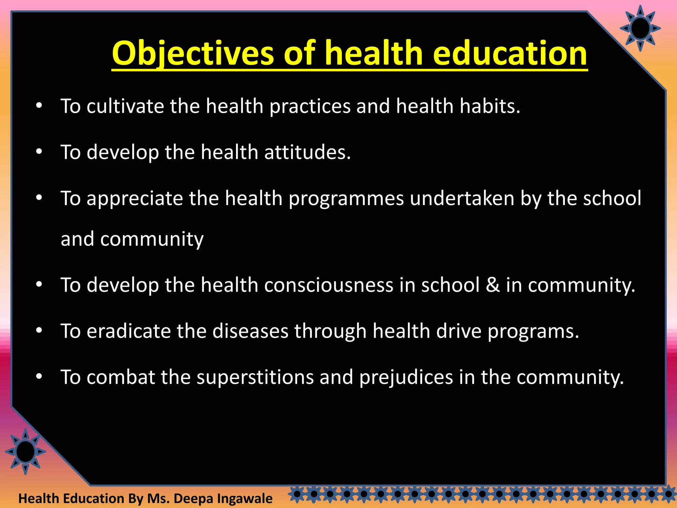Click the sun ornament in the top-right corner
click(x=640, y=28)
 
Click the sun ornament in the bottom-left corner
click(x=25, y=451)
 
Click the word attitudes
click(x=307, y=152)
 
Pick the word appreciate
click(x=135, y=199)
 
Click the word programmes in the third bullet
click(x=346, y=199)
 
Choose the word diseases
click(x=250, y=331)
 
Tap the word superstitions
click(x=255, y=377)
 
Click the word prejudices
click(x=406, y=377)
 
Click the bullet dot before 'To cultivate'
click(x=39, y=106)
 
